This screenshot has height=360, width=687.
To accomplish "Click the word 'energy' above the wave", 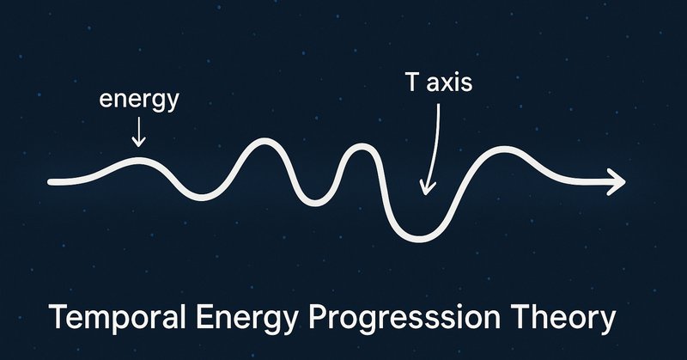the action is (x=139, y=101).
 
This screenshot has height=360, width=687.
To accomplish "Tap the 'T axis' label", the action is (x=439, y=82).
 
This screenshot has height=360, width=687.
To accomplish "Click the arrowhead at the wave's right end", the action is (x=617, y=181).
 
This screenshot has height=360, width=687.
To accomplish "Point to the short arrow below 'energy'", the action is (x=139, y=131).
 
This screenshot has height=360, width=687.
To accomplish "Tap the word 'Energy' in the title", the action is (x=246, y=319).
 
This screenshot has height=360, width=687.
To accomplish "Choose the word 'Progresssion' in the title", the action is (x=404, y=319).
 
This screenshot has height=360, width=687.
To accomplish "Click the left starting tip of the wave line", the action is (x=50, y=182).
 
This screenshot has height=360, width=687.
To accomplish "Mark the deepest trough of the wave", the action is (x=419, y=239).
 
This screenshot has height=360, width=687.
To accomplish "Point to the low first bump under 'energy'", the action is (x=138, y=161).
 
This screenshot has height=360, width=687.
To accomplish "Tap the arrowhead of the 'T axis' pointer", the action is (x=425, y=187).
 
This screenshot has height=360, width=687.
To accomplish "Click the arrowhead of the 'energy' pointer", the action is (x=139, y=142).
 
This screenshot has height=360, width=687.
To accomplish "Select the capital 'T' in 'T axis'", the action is (x=411, y=82).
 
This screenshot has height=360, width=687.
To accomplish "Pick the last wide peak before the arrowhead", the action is (x=505, y=149).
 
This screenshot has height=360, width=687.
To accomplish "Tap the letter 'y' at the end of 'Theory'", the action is (x=607, y=322).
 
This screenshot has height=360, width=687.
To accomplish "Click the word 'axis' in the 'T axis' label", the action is (x=448, y=83).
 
